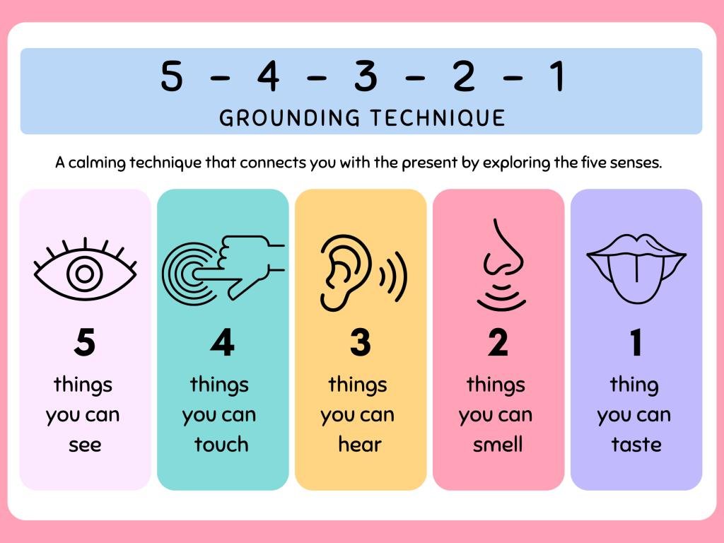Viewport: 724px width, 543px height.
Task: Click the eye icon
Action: pos(85,274)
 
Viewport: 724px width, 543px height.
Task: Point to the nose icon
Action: pos(502,264)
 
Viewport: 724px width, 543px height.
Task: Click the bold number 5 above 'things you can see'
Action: pos(85,342)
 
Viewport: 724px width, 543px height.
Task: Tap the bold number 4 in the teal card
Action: pos(222,342)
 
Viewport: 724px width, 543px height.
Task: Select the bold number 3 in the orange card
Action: pos(360,342)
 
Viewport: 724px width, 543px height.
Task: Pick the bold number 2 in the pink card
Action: pos(498,342)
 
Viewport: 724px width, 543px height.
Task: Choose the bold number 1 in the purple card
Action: pos(636,342)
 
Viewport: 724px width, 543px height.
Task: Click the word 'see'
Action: pos(85,445)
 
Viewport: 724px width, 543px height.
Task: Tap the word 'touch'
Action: pos(221,444)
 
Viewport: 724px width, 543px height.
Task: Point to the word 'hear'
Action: pos(360,444)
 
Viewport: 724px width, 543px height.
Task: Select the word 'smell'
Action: pos(498,444)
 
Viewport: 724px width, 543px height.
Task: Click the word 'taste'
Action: pos(636,445)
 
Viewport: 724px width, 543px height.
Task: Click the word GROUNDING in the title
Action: pos(289,118)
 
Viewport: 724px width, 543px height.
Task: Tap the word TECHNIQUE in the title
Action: pos(438,118)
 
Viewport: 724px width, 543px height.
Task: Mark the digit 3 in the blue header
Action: pos(366,76)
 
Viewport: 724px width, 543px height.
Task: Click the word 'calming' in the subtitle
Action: pos(97,163)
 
